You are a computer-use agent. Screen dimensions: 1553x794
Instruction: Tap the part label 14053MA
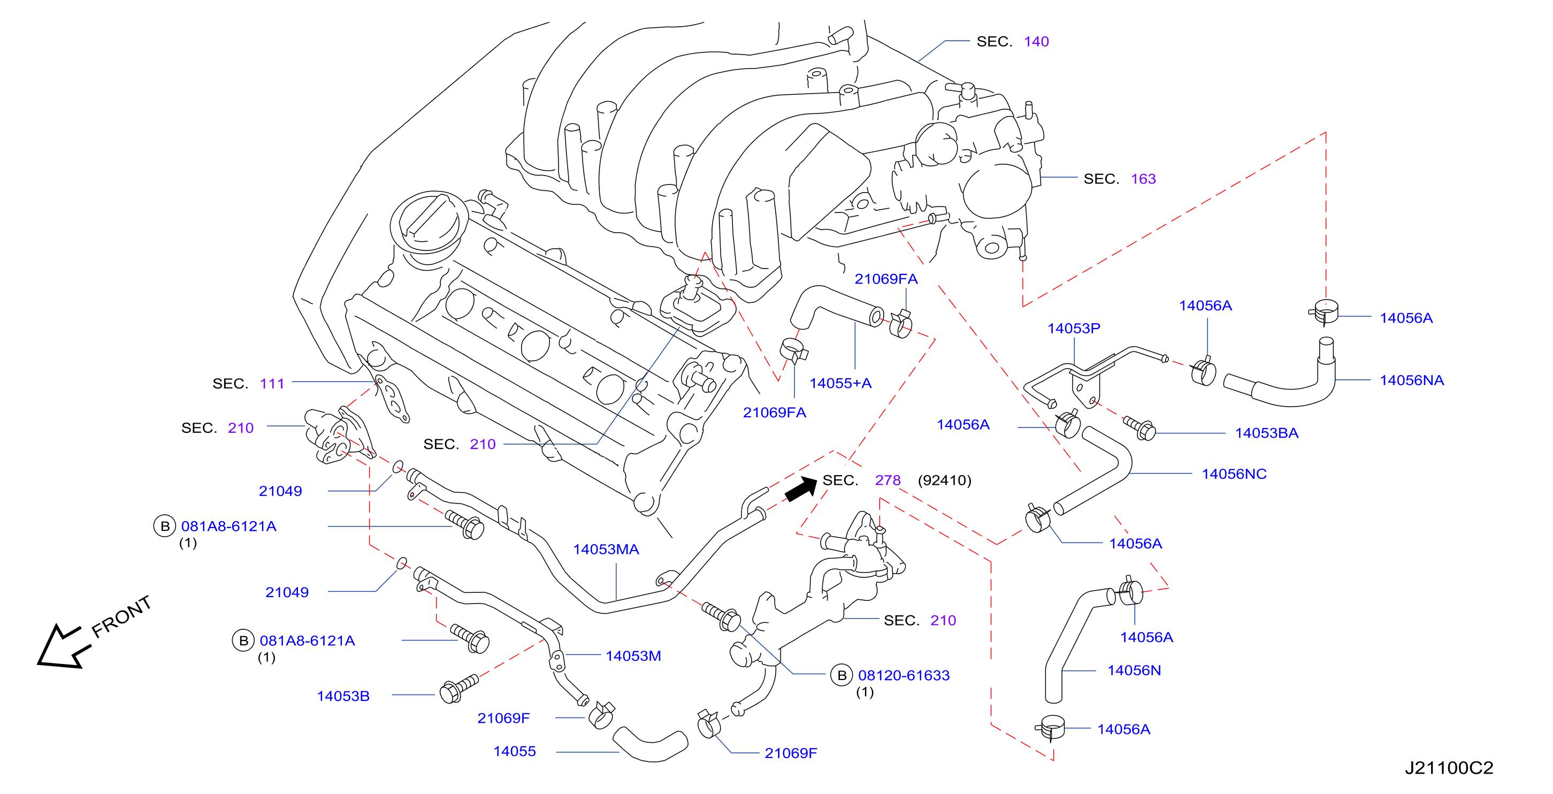[x=606, y=549]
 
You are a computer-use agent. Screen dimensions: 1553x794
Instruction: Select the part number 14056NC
[x=1234, y=474]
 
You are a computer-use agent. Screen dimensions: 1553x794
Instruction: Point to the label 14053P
[x=1074, y=329]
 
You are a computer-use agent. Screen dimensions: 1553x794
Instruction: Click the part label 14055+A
[x=840, y=383]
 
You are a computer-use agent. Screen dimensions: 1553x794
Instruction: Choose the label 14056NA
[x=1412, y=380]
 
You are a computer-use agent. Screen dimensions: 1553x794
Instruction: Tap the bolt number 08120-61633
[x=904, y=675]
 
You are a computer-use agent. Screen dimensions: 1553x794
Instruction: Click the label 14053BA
[x=1267, y=433]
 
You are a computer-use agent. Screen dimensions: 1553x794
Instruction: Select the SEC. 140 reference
[x=1013, y=42]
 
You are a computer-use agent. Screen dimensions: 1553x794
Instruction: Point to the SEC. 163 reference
[x=1120, y=179]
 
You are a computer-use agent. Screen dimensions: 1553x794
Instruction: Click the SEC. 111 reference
[x=248, y=384]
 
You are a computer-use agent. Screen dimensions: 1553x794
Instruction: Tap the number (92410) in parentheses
[x=945, y=480]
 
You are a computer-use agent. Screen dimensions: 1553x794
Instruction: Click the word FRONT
[x=121, y=616]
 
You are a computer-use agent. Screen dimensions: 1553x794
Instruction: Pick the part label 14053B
[x=343, y=696]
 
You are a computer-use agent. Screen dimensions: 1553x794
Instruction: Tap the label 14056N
[x=1134, y=670]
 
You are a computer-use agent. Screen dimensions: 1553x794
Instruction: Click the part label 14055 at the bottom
[x=514, y=751]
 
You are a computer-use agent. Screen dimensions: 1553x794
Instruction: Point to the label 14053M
[x=633, y=656]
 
